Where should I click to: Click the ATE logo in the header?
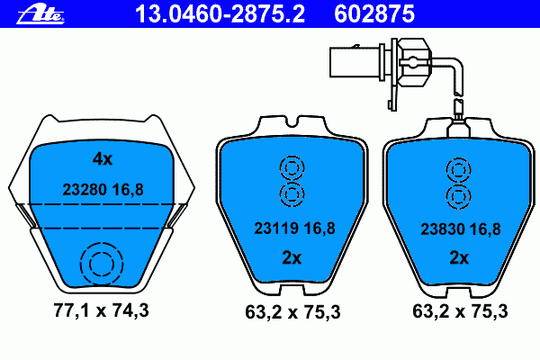click(40, 14)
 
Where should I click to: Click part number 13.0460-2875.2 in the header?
click(220, 14)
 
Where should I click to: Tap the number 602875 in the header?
click(374, 14)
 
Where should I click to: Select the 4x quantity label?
click(103, 159)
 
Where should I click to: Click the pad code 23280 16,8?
click(103, 190)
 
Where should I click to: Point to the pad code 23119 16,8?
click(294, 229)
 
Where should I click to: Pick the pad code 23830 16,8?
click(461, 229)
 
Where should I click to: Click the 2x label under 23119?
click(292, 257)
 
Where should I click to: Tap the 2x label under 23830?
click(459, 257)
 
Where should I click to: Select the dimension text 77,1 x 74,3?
click(101, 310)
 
